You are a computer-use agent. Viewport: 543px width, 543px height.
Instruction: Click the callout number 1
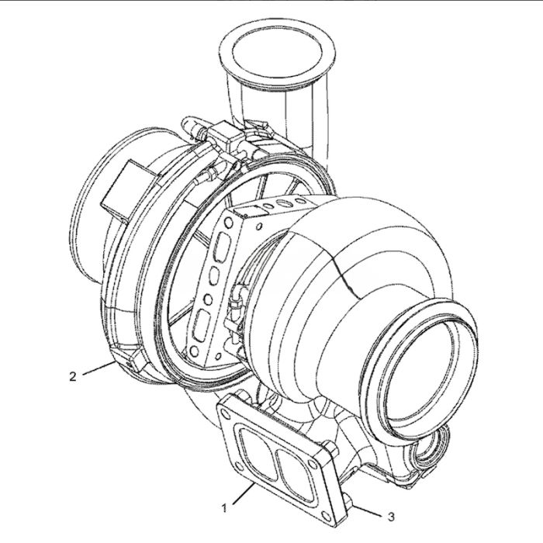tap(223, 508)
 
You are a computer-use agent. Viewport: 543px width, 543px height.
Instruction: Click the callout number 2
tap(72, 377)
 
